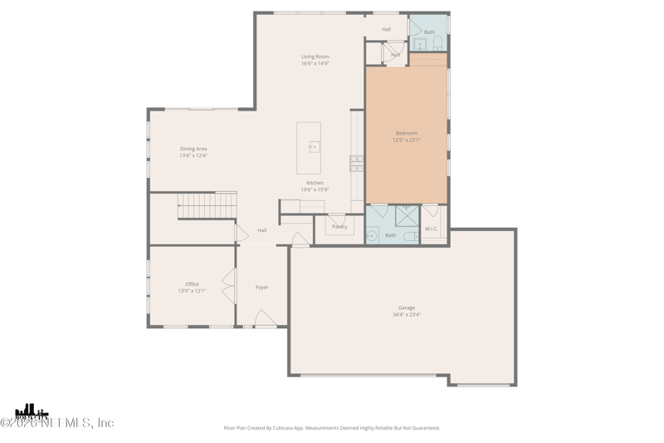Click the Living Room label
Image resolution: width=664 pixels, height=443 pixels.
315,57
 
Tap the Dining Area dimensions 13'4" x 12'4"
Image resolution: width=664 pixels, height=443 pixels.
193,155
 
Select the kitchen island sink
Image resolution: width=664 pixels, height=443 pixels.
313,147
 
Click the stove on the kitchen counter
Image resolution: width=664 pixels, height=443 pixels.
356,163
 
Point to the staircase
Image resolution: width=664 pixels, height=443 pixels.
207,205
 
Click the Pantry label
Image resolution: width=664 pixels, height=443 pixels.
339,226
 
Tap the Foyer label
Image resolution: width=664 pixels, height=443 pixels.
261,288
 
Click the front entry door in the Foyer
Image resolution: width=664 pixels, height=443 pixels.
266,319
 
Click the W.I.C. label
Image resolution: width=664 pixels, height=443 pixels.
432,229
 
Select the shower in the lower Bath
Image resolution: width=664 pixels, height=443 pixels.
407,215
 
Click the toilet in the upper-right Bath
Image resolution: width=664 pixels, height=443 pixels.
437,43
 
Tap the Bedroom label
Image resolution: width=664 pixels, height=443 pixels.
407,133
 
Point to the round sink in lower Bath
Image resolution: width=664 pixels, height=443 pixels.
373,235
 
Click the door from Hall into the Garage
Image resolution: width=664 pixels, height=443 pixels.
300,239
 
